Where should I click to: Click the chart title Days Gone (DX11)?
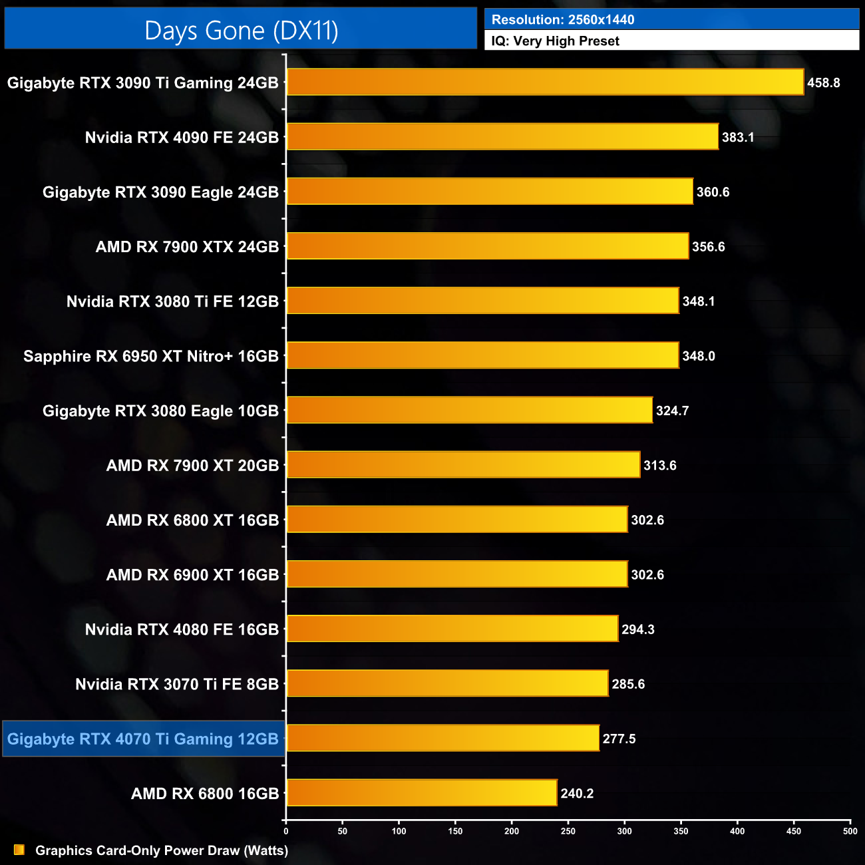[241, 31]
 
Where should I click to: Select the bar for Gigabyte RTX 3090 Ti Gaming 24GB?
[545, 83]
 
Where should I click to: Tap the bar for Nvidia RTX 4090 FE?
[502, 137]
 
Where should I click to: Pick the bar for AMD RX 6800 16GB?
[421, 793]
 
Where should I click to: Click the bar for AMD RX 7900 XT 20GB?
[463, 465]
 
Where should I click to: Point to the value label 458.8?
[823, 83]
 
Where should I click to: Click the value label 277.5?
[619, 739]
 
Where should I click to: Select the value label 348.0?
[698, 357]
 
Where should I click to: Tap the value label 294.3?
[637, 629]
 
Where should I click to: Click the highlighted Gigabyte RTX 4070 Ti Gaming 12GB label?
[143, 739]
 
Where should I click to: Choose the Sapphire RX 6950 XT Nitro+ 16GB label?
[151, 357]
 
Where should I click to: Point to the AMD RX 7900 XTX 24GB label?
[187, 247]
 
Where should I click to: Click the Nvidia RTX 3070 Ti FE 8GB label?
[177, 685]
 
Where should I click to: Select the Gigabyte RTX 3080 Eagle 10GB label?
[160, 411]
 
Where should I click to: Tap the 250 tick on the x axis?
[568, 831]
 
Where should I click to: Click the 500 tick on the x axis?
[850, 831]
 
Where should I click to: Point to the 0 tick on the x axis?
[286, 831]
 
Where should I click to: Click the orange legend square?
[19, 850]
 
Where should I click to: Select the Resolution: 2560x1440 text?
[563, 20]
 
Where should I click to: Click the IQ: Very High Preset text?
[555, 41]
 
